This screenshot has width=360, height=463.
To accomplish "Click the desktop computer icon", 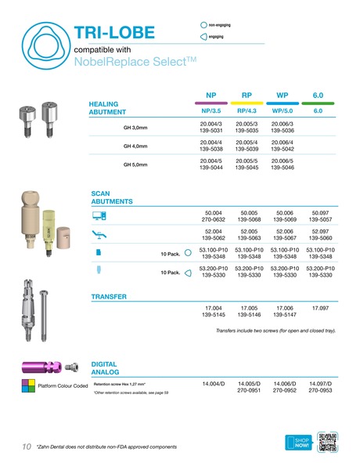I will pyautogui.click(x=99, y=215).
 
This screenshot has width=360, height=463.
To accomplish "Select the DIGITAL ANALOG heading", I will pyautogui.click(x=105, y=370).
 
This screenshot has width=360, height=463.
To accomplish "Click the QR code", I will pyautogui.click(x=329, y=442).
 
